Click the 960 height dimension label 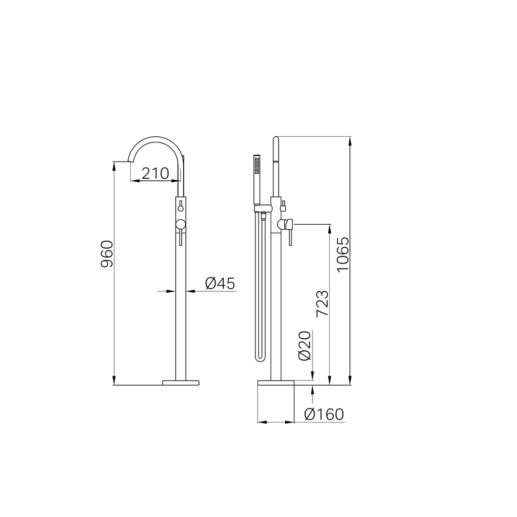pos(107,254)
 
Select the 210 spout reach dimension pos(156,174)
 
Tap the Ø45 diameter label pos(220,283)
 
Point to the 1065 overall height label pos(343,254)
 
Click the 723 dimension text pos(322,303)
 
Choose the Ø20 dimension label pos(304,346)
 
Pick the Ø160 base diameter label pos(324,415)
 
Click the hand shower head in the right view pos(257,179)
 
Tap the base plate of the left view pos(181,383)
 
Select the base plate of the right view pos(276,383)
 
